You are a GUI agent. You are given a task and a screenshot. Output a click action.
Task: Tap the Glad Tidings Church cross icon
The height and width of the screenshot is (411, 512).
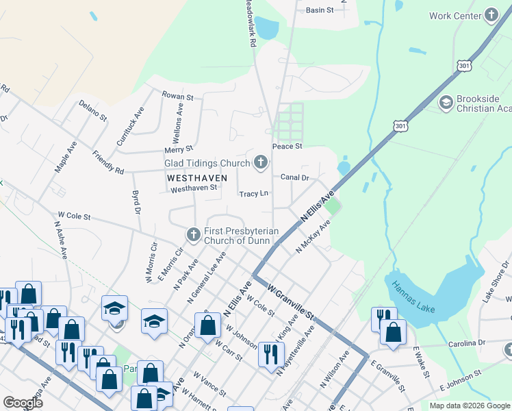click(260, 162)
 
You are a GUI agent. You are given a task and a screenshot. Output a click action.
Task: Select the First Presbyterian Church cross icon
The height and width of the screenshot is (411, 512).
click(194, 235)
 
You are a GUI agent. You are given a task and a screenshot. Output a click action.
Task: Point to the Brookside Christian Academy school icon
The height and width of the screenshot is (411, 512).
click(446, 103)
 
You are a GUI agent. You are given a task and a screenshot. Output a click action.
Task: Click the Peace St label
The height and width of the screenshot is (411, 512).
click(287, 147)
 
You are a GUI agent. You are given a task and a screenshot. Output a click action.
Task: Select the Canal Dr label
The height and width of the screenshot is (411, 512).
click(295, 177)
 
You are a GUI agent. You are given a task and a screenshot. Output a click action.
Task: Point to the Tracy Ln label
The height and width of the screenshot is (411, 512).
click(253, 194)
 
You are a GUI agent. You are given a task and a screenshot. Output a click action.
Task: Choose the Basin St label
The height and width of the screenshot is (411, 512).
click(319, 10)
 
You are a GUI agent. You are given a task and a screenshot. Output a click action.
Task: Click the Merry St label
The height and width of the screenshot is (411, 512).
click(179, 149)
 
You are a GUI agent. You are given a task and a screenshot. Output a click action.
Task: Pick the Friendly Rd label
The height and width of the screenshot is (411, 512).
click(108, 162)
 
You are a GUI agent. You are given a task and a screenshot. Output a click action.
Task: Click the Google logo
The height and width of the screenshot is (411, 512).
click(23, 403)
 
